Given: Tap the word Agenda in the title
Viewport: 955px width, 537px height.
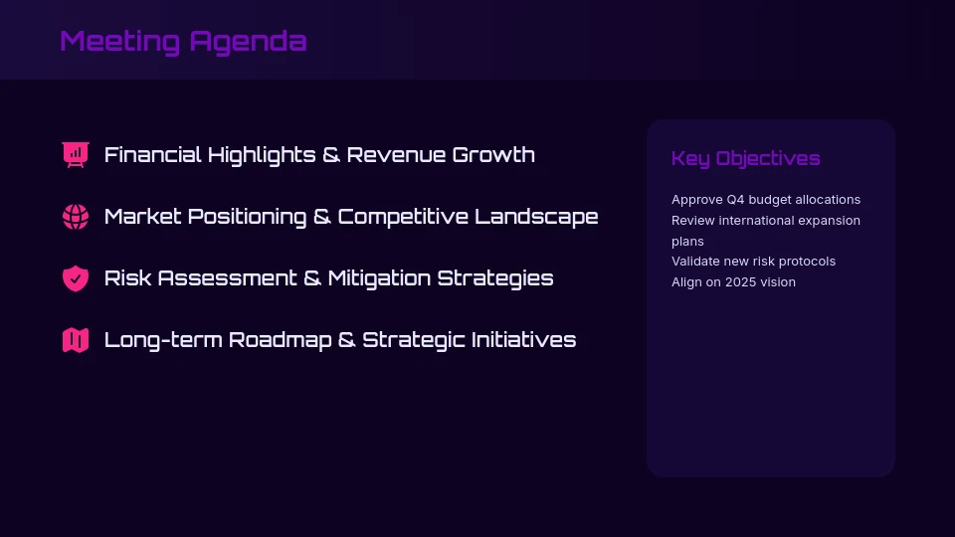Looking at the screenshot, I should click(x=248, y=41).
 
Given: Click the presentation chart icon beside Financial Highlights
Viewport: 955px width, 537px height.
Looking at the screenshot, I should click(x=76, y=155).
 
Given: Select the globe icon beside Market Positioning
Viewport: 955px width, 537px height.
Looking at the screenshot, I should click(x=76, y=217).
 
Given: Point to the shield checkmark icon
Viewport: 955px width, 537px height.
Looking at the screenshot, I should click(x=76, y=278).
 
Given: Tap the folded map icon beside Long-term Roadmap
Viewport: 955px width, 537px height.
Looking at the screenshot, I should click(x=76, y=340).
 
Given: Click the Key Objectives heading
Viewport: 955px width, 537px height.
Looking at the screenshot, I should click(x=745, y=158).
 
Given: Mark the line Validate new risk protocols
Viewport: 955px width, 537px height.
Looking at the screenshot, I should click(x=753, y=262).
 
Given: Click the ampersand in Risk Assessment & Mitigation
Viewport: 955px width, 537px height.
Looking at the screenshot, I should click(x=312, y=278).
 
